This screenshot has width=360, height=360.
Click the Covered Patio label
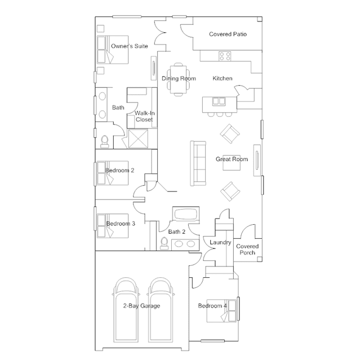228,34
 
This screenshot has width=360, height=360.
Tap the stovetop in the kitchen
225,56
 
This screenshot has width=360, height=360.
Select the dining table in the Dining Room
179,79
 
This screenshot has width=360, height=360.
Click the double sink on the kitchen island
219,101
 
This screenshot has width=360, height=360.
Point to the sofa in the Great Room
198,163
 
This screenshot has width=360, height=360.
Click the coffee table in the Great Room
232,163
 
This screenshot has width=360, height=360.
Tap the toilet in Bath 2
164,243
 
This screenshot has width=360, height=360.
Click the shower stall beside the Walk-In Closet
138,139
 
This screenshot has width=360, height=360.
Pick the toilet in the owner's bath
105,141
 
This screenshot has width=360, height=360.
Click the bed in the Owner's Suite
113,50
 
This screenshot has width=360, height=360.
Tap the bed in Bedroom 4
221,310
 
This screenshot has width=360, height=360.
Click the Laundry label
220,242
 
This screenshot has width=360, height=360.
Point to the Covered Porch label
247,250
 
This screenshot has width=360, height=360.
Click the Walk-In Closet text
144,116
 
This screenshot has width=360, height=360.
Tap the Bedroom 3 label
121,224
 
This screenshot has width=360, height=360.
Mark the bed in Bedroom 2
113,173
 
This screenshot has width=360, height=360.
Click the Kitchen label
222,78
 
